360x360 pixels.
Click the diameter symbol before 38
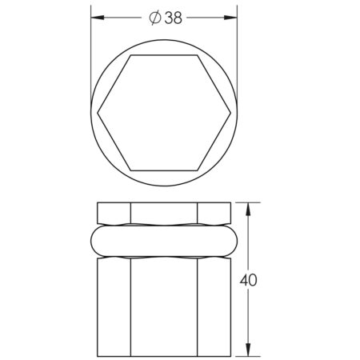point(155,18)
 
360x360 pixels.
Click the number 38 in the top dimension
point(174,18)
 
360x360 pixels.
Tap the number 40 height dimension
point(248,280)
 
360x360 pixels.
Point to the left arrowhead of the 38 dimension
point(98,18)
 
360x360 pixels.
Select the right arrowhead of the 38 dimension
point(230,18)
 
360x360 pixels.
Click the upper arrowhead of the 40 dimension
point(248,210)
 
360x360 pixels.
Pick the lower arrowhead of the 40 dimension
point(248,350)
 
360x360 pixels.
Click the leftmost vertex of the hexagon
point(98,113)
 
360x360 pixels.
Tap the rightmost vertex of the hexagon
point(230,113)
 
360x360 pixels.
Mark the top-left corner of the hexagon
point(130,55)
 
